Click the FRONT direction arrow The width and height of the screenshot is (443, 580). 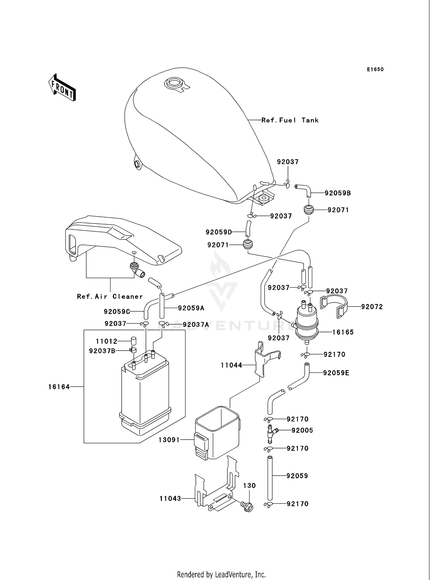62,88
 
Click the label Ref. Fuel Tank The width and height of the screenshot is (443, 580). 290,120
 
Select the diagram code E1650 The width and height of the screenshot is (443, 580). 375,69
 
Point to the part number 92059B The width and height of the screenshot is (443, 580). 338,193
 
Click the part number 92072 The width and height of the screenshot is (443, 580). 372,307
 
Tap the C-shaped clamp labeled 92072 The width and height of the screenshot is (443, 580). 334,306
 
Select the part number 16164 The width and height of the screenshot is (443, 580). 59,387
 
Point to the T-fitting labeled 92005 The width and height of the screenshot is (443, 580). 271,433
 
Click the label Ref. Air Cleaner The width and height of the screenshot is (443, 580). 110,297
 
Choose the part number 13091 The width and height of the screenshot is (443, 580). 169,440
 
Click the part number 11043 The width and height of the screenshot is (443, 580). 170,499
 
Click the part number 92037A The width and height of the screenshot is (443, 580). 196,325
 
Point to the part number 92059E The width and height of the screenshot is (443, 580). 336,373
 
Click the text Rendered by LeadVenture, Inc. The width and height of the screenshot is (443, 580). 221,575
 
